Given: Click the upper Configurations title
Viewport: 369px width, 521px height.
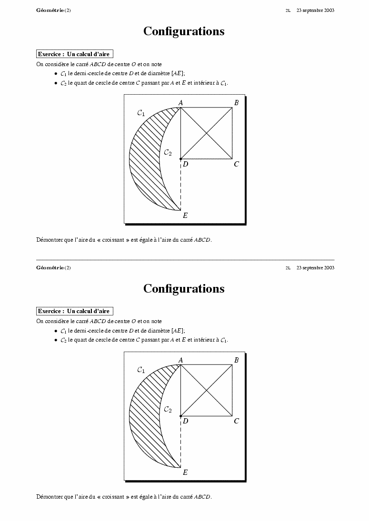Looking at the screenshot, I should click(x=184, y=31).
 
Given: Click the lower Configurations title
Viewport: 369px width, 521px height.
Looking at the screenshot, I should click(x=184, y=289).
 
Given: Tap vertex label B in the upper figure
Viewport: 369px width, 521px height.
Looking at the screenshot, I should click(x=236, y=103).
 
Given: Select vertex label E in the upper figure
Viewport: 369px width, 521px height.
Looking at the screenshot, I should click(x=185, y=216).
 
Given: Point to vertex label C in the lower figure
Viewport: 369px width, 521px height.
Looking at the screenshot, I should click(x=236, y=421).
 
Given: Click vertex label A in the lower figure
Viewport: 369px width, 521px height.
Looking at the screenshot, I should click(x=181, y=360).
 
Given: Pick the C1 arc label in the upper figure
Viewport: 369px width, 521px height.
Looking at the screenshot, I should click(x=141, y=113).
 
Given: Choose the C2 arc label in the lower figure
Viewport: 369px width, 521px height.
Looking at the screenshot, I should click(x=168, y=409).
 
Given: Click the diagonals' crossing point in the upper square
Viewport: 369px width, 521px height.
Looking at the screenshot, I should click(x=207, y=133).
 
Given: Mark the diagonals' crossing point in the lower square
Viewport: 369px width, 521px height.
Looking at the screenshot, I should click(x=207, y=391).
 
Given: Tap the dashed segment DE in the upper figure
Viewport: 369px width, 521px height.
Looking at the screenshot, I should click(x=181, y=186).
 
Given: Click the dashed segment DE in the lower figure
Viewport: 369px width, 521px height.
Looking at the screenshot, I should click(x=181, y=442).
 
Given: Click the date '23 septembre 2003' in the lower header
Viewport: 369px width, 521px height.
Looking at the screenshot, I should click(x=315, y=268).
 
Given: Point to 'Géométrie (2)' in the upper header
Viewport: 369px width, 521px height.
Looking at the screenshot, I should click(x=53, y=10).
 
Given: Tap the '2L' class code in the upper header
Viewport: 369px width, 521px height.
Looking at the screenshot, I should click(x=288, y=10).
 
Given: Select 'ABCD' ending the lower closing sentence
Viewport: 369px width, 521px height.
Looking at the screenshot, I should click(x=202, y=497).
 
